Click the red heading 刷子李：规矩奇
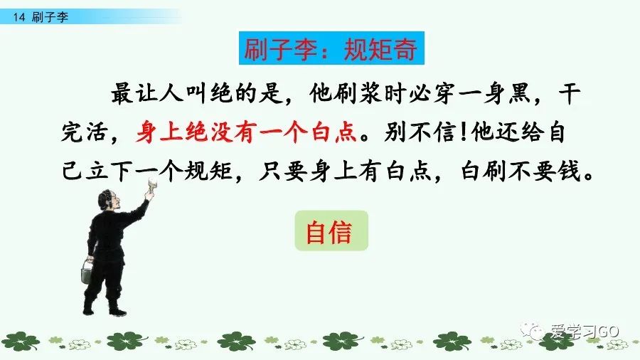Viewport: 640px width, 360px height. click(x=329, y=51)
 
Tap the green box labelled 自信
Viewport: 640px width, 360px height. click(x=331, y=231)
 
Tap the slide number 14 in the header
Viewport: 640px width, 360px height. click(x=19, y=18)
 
